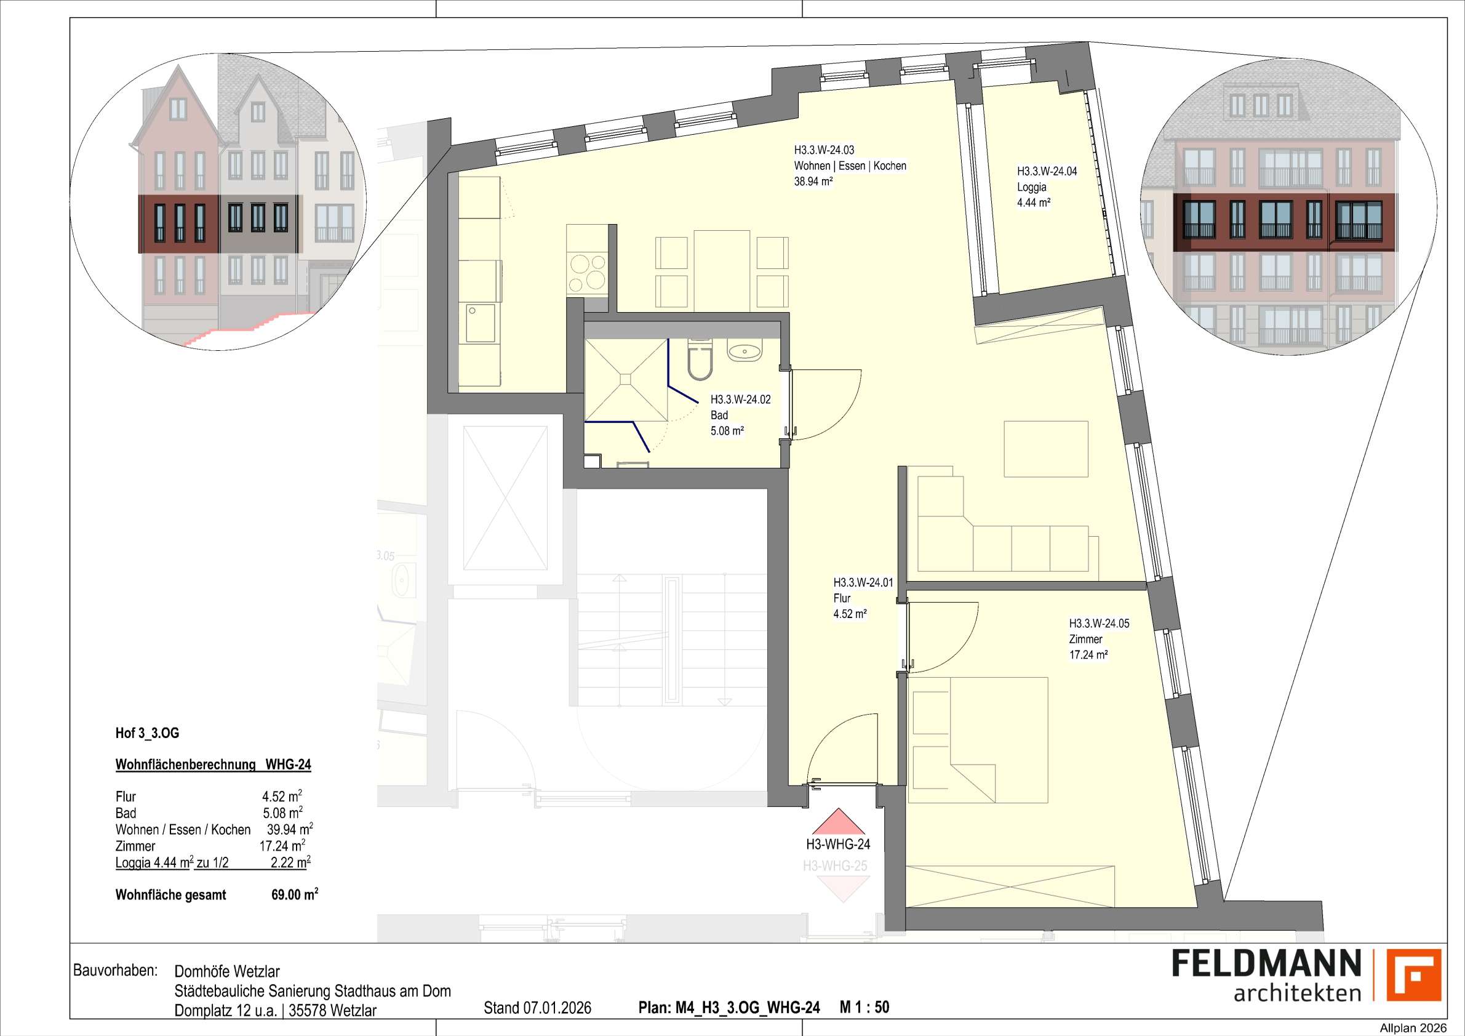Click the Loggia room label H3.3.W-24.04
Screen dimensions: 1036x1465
[x=1047, y=172]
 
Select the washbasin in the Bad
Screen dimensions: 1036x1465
[x=744, y=351]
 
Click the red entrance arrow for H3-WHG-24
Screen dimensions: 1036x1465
[x=838, y=824]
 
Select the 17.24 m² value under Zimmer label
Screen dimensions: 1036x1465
[x=1088, y=655]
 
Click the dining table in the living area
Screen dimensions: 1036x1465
[x=722, y=269]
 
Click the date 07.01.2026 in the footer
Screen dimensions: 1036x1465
[x=557, y=1008]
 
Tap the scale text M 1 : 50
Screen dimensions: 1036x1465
[x=864, y=1007]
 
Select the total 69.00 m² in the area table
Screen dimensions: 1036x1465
[x=294, y=895]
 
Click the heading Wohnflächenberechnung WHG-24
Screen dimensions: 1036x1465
[x=213, y=765]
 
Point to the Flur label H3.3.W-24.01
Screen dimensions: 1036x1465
[x=863, y=583]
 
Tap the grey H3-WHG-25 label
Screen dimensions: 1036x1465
[x=834, y=866]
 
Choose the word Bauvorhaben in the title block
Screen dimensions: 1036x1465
[x=115, y=971]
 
